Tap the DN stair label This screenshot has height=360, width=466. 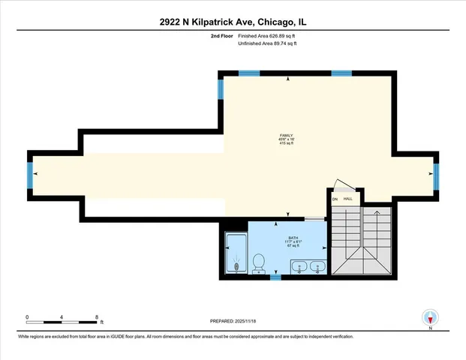point(335,199)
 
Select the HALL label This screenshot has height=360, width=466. point(348,199)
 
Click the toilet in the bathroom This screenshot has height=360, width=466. point(258,262)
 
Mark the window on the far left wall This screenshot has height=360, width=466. point(30,175)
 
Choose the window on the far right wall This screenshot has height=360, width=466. point(437,175)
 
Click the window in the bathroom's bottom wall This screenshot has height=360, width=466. point(275,277)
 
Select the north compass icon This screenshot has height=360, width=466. point(430,317)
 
